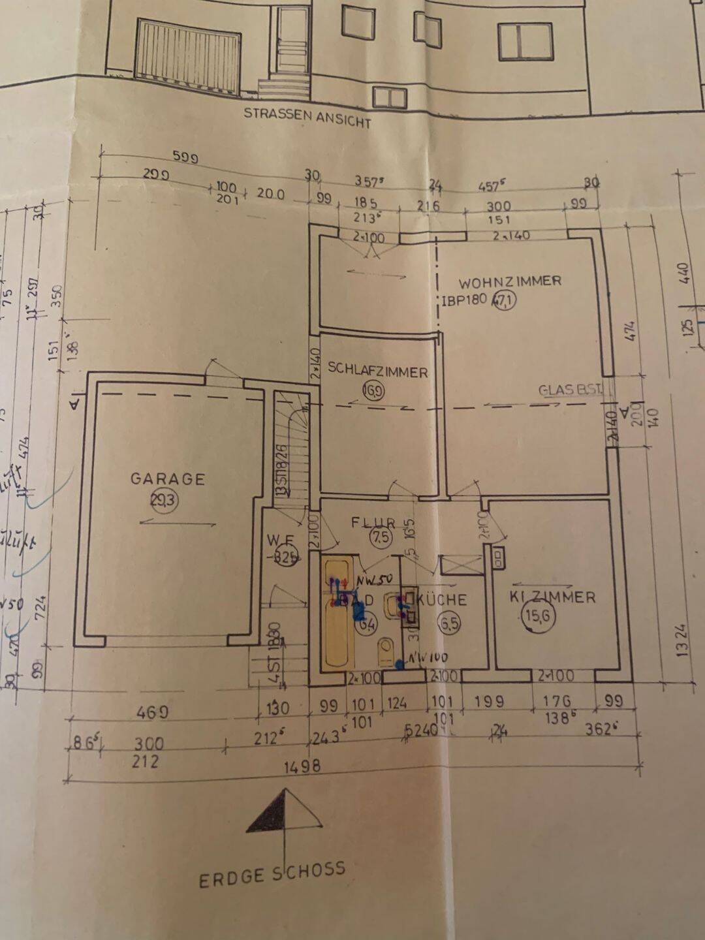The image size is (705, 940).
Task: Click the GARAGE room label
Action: click(167, 478)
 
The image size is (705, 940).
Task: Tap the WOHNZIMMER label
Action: click(510, 281)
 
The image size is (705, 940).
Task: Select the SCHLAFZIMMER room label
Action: click(377, 371)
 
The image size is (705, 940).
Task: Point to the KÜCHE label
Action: click(443, 599)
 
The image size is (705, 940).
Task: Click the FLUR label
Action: click(373, 522)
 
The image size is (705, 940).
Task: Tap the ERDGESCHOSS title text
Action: click(272, 873)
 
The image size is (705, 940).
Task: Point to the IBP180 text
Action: click(465, 300)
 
